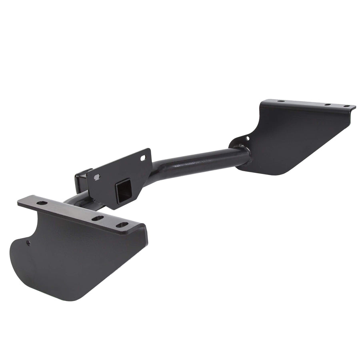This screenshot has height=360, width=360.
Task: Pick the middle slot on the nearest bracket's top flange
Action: pyautogui.click(x=97, y=218)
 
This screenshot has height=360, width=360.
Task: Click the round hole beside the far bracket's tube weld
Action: pyautogui.click(x=247, y=138)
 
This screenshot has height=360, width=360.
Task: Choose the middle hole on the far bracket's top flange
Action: pyautogui.click(x=327, y=104)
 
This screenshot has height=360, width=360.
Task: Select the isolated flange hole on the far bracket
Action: pyautogui.click(x=280, y=102)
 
